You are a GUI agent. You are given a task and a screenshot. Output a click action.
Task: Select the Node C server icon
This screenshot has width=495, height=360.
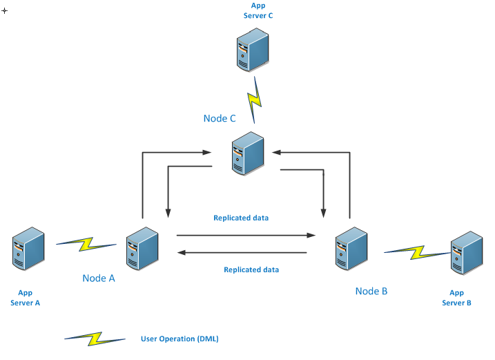247,153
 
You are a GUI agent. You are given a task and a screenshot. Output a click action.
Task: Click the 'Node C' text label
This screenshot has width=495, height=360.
220,118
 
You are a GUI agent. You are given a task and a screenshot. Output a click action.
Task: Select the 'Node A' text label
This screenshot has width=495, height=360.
99,278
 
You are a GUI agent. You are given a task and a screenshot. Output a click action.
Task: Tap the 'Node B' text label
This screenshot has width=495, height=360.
371,291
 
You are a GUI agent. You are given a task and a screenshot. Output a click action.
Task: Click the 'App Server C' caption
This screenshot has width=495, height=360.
258,10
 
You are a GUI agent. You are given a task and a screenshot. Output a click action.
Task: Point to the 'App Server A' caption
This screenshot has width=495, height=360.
26,298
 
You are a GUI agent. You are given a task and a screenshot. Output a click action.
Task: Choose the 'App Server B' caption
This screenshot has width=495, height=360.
456,298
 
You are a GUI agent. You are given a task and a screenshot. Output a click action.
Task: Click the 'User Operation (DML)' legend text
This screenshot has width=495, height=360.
179,339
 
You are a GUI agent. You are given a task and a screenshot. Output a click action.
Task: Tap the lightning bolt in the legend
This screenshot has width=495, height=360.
95,338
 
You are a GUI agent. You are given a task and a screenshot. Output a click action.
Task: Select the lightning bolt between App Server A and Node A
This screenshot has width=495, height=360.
86,243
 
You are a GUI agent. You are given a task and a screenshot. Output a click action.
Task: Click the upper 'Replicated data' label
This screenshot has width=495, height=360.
241,218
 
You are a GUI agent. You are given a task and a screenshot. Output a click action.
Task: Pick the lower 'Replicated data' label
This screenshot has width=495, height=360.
251,269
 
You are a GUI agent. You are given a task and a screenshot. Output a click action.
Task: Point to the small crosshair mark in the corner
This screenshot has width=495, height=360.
5,11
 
